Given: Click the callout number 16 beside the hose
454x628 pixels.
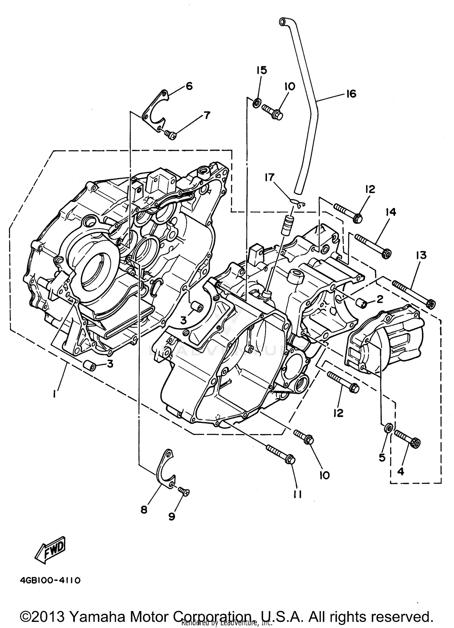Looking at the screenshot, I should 351,94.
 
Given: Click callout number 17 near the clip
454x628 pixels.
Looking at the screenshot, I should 269,177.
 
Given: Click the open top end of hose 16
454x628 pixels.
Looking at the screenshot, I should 283,21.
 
